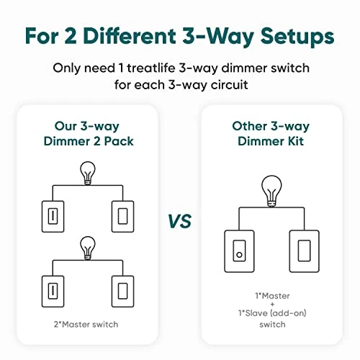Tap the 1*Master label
tap(269, 295)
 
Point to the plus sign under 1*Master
tap(269, 305)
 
